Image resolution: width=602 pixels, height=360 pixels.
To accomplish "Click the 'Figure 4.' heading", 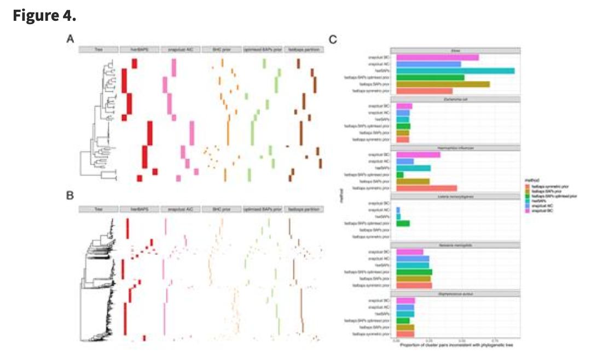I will (44, 16).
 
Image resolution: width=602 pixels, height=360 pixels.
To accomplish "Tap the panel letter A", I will (70, 39).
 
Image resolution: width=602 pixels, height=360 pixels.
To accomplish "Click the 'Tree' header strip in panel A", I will (99, 50).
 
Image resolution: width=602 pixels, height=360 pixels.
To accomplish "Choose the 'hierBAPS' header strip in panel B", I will (139, 210).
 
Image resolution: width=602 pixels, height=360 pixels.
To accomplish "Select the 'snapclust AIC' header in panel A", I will (180, 50).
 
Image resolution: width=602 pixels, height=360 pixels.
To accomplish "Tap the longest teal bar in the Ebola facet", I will (454, 71).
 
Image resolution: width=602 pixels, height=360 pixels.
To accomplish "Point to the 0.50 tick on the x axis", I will (461, 340).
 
